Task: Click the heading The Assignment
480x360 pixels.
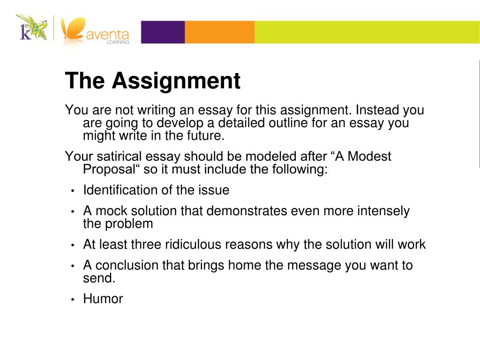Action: click(153, 81)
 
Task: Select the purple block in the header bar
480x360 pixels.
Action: click(163, 32)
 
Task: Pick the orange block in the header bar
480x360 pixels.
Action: click(219, 32)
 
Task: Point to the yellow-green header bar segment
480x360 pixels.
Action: click(366, 32)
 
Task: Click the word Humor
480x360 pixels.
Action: click(103, 299)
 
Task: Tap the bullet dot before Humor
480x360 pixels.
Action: click(73, 300)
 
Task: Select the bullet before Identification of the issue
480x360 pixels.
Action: click(73, 191)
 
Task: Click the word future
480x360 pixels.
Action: click(204, 136)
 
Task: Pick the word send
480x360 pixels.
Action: click(97, 278)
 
